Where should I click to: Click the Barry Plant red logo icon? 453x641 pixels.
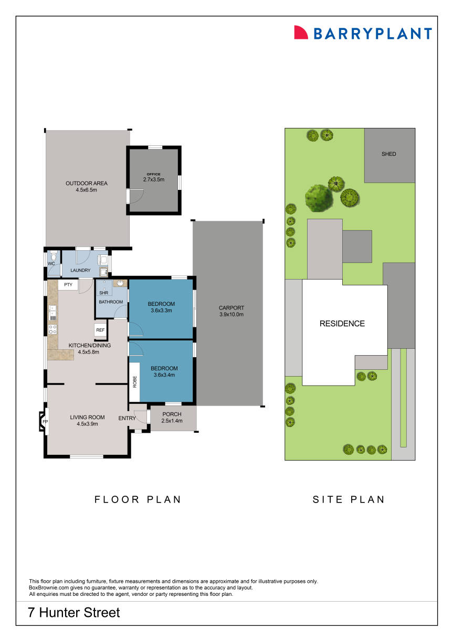click(301, 33)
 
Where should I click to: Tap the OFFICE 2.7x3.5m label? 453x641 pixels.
click(154, 177)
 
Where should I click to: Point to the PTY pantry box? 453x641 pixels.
click(68, 284)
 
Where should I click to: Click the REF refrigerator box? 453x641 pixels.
click(100, 330)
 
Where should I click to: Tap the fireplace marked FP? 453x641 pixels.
click(44, 422)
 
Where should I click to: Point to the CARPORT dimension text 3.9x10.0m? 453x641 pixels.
click(231, 315)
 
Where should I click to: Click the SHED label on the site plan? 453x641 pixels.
click(389, 154)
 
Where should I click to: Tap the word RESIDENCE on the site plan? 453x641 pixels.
click(342, 324)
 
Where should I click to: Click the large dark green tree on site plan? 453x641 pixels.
click(319, 198)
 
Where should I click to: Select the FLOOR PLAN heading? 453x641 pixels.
click(138, 499)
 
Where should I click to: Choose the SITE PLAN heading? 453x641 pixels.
click(349, 499)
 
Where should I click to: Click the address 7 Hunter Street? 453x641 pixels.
click(75, 612)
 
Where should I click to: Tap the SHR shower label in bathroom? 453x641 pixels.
click(103, 293)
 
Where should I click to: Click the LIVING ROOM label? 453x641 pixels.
click(88, 418)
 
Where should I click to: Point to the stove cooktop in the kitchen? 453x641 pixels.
click(52, 329)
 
